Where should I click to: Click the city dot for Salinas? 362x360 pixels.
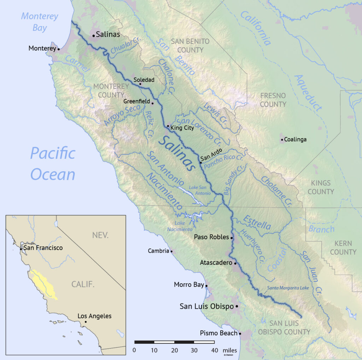point(94,36)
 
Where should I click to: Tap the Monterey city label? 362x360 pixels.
point(42,48)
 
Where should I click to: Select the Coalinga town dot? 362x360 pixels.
point(282,140)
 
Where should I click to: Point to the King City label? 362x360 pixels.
point(182,128)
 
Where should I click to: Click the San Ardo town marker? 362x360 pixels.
point(200,163)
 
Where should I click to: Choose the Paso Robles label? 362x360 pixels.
point(211,237)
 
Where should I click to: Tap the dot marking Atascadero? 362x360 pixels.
point(235,263)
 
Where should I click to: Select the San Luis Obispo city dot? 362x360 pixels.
point(237,306)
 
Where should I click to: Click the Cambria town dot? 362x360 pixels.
point(171,252)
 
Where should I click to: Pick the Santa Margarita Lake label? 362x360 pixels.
point(288,288)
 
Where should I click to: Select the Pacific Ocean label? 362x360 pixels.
point(53,164)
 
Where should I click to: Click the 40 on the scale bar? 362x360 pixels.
point(214,350)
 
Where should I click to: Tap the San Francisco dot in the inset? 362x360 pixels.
point(21,249)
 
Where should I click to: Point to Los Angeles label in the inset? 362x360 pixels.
point(94,316)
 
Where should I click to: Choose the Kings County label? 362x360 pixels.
point(321,187)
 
